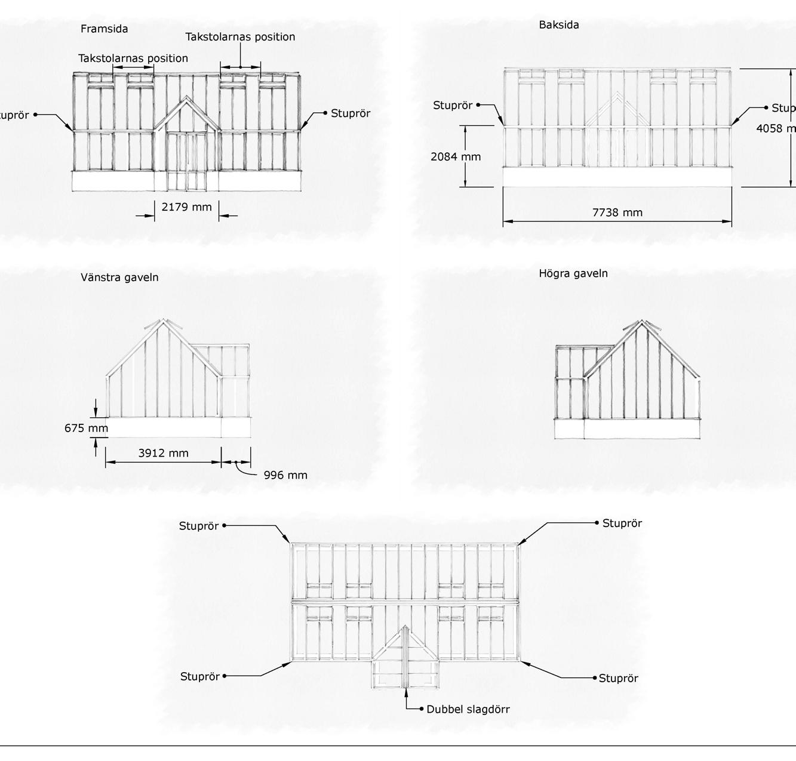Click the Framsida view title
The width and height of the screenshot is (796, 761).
pyautogui.click(x=105, y=29)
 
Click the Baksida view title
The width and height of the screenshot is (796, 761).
pyautogui.click(x=559, y=25)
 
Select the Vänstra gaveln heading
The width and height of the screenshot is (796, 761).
pyautogui.click(x=119, y=278)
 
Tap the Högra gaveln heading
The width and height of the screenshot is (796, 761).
pyautogui.click(x=573, y=274)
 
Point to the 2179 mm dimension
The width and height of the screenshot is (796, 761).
pyautogui.click(x=186, y=207)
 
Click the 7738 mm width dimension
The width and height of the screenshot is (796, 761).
pyautogui.click(x=617, y=212)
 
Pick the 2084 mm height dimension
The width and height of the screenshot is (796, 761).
pyautogui.click(x=456, y=157)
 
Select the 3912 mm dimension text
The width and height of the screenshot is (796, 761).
pyautogui.click(x=163, y=453)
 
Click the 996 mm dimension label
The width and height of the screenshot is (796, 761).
pyautogui.click(x=285, y=476)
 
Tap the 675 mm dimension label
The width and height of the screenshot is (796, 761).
pyautogui.click(x=87, y=428)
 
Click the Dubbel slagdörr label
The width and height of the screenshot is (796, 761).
pyautogui.click(x=468, y=710)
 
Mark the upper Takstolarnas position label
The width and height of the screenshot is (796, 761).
pyautogui.click(x=240, y=37)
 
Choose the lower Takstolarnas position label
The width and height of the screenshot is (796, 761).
pyautogui.click(x=133, y=58)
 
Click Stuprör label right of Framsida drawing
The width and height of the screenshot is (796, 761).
pyautogui.click(x=351, y=113)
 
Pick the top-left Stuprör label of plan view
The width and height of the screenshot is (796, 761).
pyautogui.click(x=199, y=526)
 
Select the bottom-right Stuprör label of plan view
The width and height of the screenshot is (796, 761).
pyautogui.click(x=619, y=679)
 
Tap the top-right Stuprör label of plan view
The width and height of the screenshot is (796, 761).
pyautogui.click(x=622, y=523)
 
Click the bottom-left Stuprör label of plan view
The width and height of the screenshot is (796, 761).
pyautogui.click(x=200, y=677)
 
